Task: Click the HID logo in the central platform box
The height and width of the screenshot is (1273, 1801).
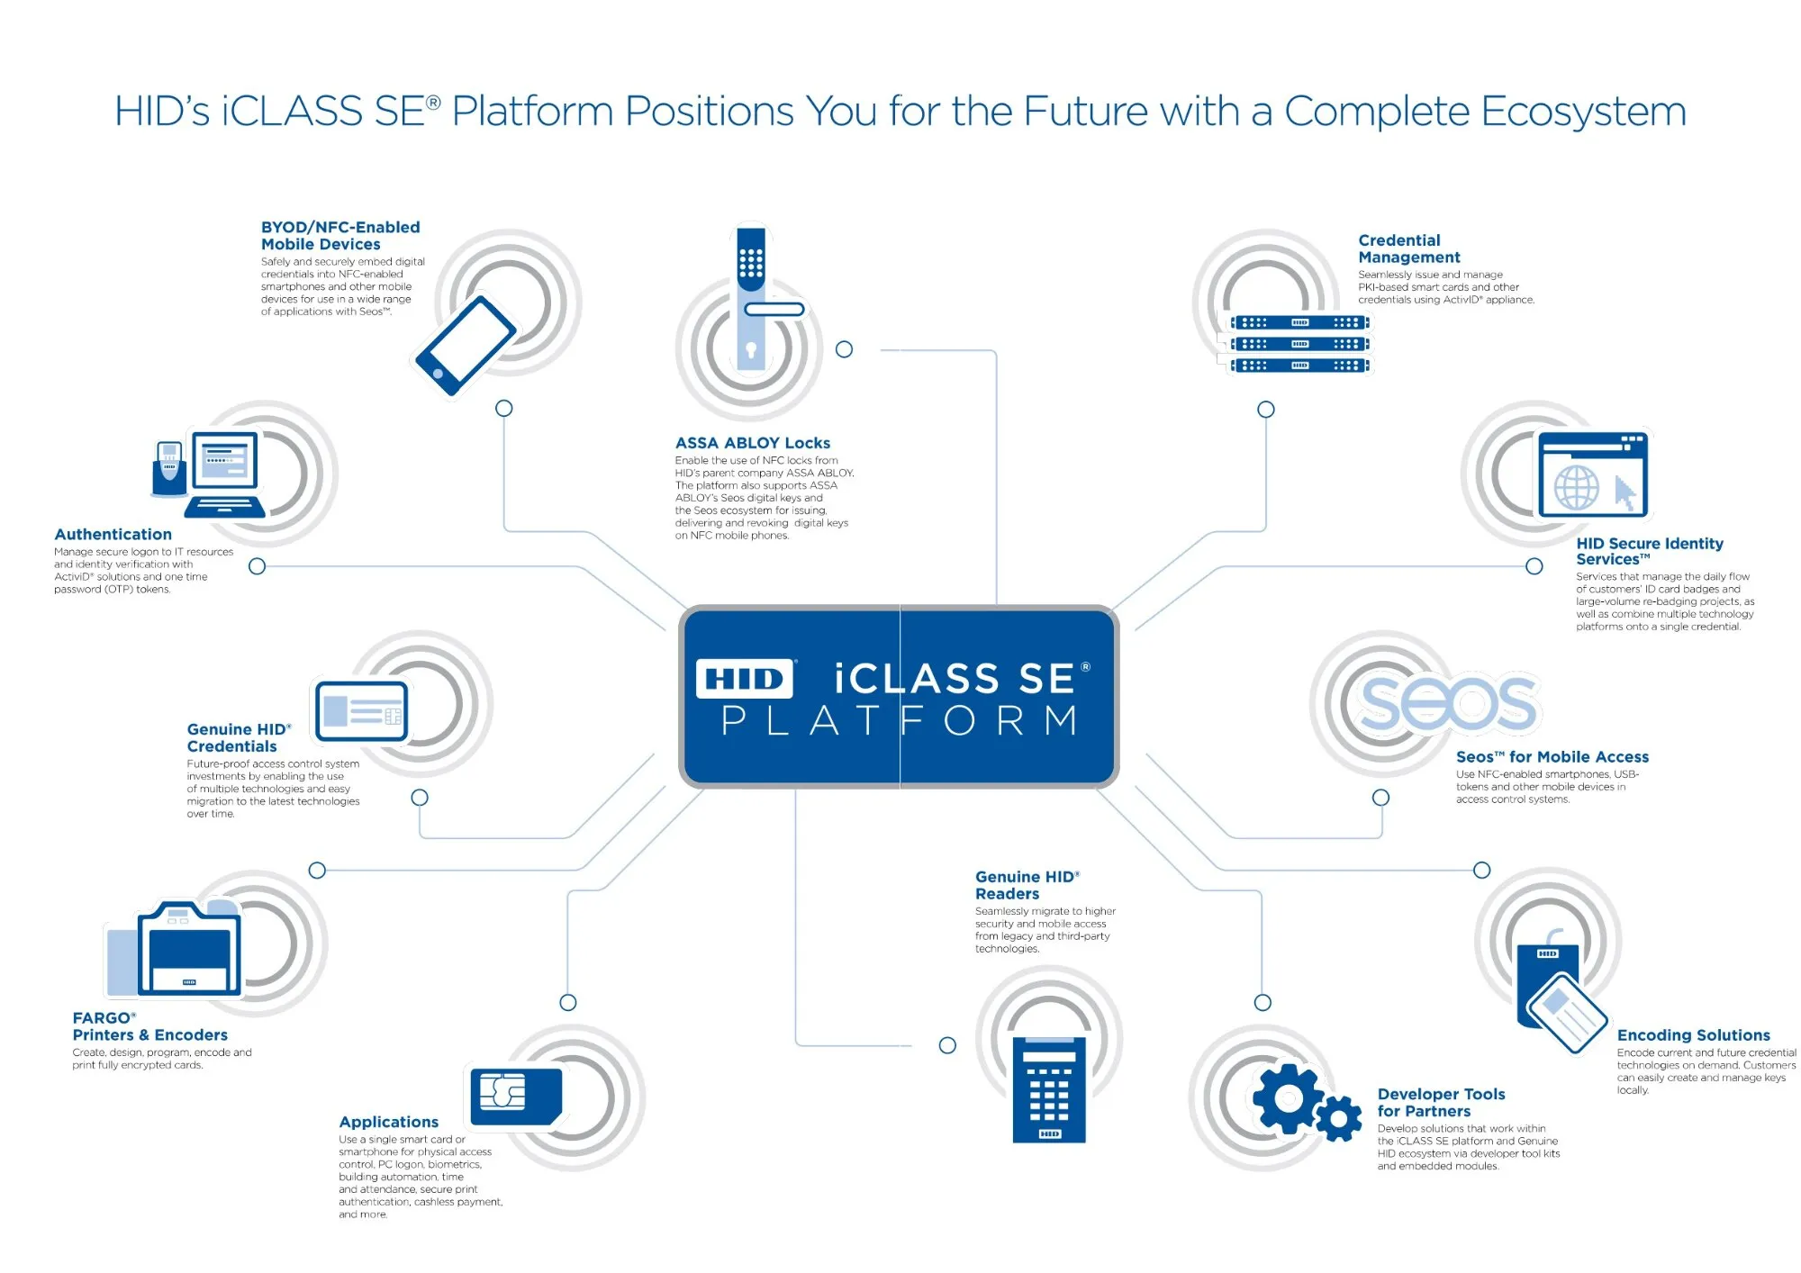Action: [x=745, y=679]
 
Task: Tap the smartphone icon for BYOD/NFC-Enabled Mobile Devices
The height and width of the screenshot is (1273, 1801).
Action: [x=465, y=346]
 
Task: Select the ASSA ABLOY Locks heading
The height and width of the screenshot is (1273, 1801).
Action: [x=753, y=443]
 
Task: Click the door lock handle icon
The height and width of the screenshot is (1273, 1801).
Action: [x=762, y=297]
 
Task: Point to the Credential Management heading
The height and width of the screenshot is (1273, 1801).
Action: [x=1409, y=248]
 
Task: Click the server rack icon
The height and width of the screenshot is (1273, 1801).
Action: [x=1299, y=344]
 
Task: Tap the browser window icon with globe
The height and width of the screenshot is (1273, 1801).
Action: [x=1593, y=475]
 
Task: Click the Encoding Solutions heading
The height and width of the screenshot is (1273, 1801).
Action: [x=1694, y=1035]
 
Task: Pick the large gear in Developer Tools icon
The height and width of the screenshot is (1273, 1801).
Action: [x=1289, y=1098]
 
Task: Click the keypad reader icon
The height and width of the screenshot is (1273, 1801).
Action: [x=1049, y=1089]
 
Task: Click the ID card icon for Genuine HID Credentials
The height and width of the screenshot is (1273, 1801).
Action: [x=361, y=710]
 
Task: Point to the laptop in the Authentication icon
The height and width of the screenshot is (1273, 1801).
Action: [x=225, y=474]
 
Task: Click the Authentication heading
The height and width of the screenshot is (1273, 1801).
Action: [x=113, y=535]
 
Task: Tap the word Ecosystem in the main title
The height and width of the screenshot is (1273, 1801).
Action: [x=1583, y=112]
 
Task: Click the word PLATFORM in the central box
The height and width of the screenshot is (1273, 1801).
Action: [x=900, y=720]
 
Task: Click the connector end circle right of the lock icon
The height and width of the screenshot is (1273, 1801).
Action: [x=844, y=349]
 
